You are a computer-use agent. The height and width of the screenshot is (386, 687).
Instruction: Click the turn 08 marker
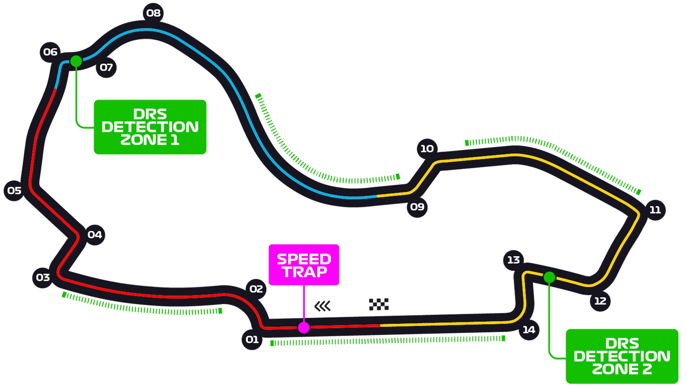coord(154,13)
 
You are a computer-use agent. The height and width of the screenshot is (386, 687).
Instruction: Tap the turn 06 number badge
coord(50,52)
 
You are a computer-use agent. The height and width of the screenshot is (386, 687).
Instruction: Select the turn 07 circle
coord(106,68)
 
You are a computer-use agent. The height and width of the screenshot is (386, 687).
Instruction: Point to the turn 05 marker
coord(14,190)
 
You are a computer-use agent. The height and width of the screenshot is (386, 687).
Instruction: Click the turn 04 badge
coord(95,235)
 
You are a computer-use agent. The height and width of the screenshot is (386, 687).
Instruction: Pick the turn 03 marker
coord(43,278)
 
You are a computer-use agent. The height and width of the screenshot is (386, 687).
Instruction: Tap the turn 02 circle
coord(256,289)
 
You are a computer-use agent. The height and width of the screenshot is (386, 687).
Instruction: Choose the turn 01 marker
coord(252,340)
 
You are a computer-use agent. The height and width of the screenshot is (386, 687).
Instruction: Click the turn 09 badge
coord(417,207)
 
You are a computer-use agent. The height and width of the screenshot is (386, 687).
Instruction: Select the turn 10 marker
coord(427,149)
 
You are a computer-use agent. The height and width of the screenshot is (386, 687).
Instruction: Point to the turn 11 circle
coord(655,210)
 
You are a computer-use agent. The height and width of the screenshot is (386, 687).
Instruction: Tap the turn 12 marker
coord(600,301)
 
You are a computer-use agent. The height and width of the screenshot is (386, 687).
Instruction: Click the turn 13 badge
coord(513,260)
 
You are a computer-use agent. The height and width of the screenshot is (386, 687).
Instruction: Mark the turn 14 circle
coord(529,330)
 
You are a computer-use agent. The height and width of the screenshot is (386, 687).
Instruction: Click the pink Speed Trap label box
coord(304,265)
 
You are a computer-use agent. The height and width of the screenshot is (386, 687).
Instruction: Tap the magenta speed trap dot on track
coord(304,327)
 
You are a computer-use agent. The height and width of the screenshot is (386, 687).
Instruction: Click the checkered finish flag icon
coord(379,305)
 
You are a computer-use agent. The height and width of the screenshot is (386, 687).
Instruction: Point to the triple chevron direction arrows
coord(322,306)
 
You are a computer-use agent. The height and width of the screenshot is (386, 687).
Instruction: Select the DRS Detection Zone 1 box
coord(150,127)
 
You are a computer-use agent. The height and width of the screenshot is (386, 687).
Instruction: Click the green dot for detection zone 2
coord(549,277)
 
